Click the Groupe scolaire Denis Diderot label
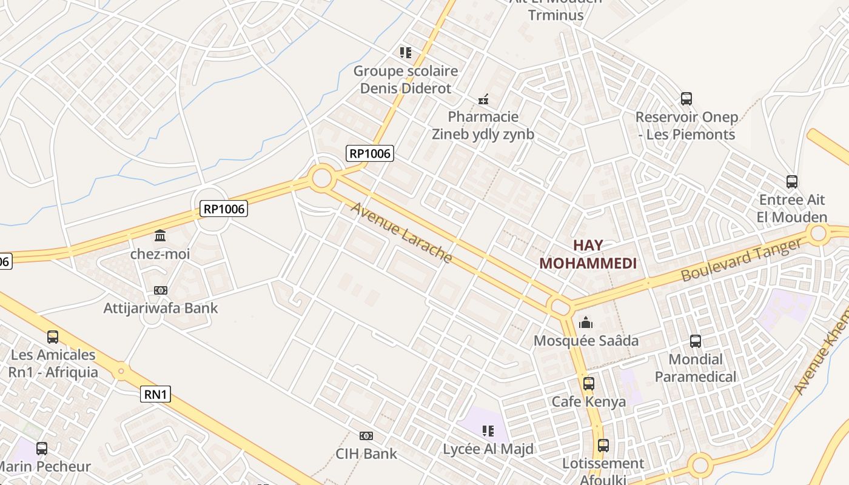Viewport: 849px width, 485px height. (406, 79)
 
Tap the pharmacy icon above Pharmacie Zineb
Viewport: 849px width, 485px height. (483, 99)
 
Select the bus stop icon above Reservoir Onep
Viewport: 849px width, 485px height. (686, 99)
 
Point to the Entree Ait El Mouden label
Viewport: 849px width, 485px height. (792, 208)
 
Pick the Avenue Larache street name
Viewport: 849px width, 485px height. (401, 233)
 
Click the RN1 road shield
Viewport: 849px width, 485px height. (156, 395)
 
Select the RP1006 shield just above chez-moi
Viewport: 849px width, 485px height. (224, 209)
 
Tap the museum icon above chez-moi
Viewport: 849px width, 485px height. (160, 235)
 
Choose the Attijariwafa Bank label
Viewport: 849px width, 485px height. (161, 308)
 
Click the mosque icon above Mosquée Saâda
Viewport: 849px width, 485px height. (586, 323)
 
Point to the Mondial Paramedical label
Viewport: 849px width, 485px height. (696, 367)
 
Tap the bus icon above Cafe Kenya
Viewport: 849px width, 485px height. (588, 383)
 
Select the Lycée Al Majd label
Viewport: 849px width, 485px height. (488, 449)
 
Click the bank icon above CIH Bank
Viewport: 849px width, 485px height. (366, 436)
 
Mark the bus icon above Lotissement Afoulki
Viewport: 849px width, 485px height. (603, 446)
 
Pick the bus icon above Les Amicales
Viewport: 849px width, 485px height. (53, 336)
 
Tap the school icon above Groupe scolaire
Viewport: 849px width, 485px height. (406, 53)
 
